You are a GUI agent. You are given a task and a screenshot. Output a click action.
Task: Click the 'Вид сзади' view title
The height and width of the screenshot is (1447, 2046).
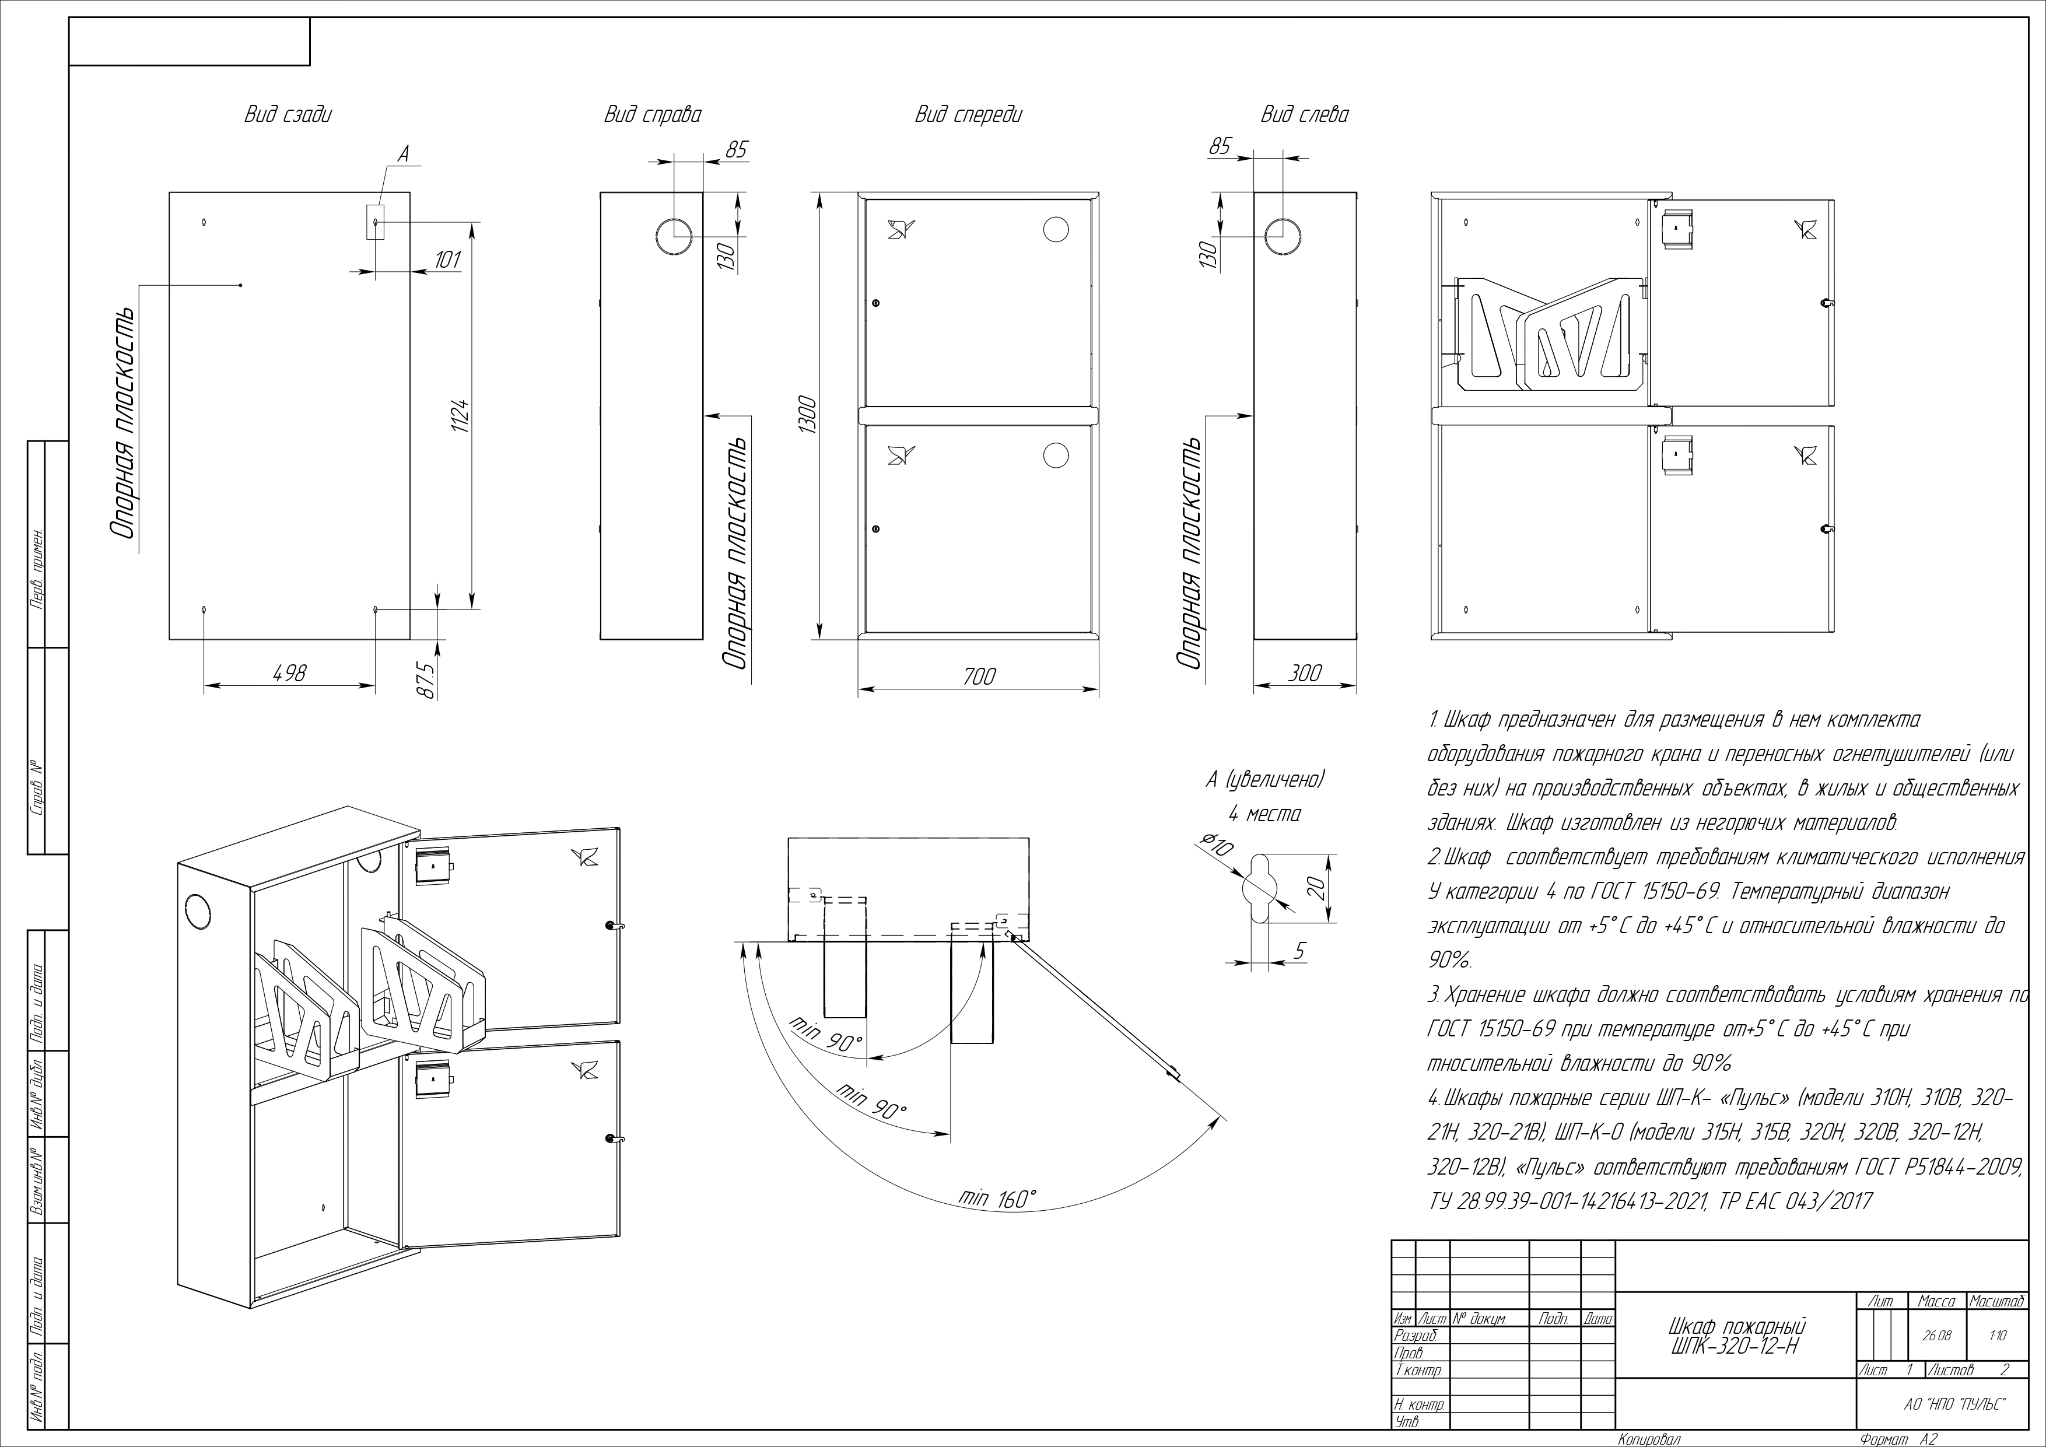click(288, 115)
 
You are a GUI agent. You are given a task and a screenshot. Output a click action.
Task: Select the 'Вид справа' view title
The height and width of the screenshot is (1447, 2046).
click(652, 115)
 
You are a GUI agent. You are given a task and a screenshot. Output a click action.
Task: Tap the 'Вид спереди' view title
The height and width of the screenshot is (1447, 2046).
click(969, 115)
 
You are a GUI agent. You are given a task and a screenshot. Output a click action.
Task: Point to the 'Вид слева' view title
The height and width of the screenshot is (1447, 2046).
click(1304, 115)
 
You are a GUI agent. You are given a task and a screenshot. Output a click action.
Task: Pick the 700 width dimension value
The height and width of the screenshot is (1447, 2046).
click(979, 677)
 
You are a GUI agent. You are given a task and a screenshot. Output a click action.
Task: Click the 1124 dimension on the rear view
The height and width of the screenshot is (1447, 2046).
click(460, 415)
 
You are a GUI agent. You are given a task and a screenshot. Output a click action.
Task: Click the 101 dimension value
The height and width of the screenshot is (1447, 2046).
click(446, 260)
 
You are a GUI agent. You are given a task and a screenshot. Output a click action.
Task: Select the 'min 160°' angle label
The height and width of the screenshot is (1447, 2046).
click(997, 1199)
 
